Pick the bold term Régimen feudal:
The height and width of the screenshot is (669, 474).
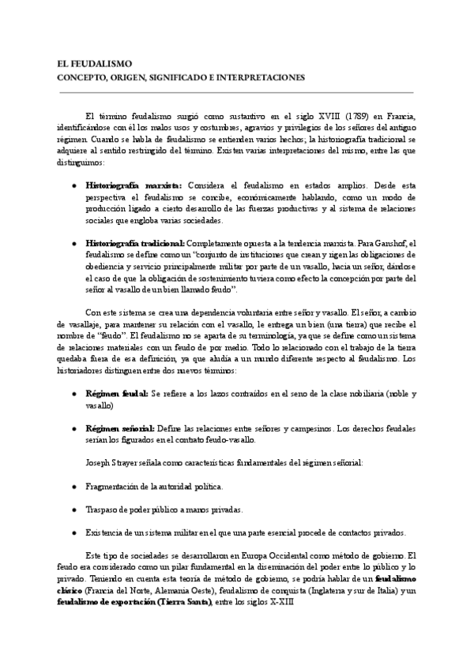click(x=116, y=392)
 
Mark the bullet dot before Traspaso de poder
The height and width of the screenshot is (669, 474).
click(x=73, y=510)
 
